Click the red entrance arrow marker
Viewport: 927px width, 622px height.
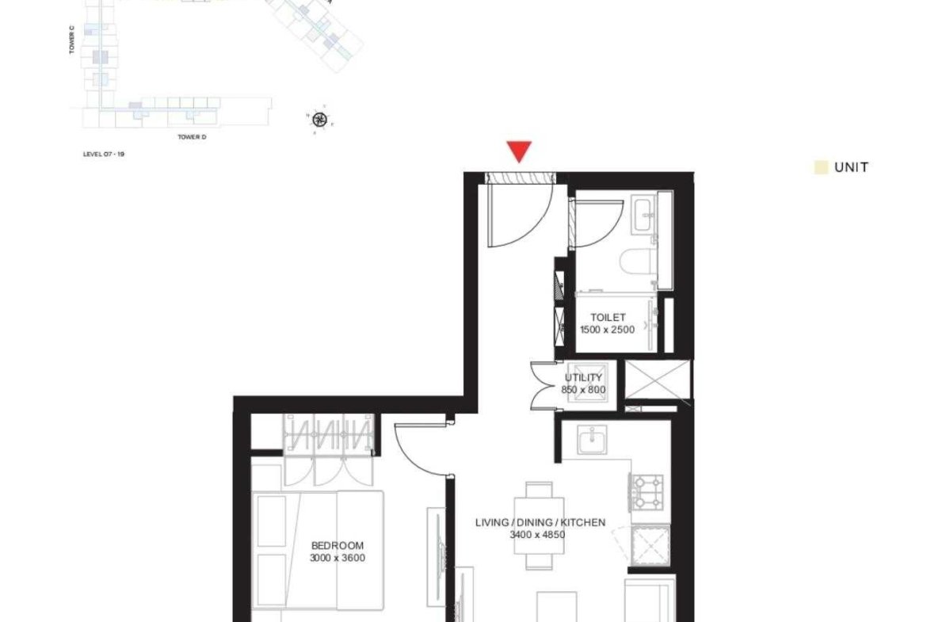(519, 151)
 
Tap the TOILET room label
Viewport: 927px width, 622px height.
(607, 318)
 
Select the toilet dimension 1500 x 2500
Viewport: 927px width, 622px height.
(607, 330)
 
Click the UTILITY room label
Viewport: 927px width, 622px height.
(583, 377)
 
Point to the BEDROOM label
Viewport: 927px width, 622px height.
(337, 546)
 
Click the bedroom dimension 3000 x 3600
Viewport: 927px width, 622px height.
(337, 558)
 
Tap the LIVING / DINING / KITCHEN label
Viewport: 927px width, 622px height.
(540, 523)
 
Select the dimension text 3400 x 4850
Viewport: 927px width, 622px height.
(537, 535)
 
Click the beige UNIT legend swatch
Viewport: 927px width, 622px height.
(821, 167)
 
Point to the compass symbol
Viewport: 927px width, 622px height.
(319, 120)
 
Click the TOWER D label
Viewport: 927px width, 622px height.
(193, 137)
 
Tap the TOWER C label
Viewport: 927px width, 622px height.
(71, 40)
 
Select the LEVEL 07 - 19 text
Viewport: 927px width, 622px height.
(104, 155)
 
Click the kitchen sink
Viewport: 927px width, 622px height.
(592, 441)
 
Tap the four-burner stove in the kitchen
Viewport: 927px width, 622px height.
(648, 492)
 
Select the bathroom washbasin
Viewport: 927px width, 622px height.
(644, 213)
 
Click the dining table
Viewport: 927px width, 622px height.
(540, 525)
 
